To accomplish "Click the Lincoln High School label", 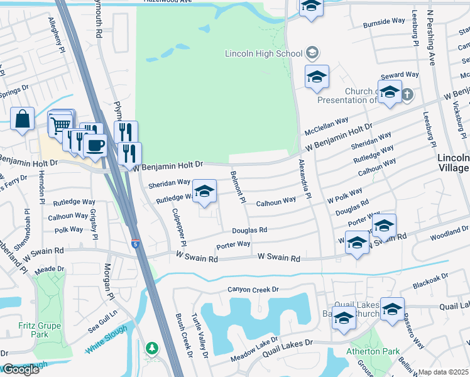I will pos(264,53).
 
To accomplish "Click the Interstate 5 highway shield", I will pos(136,243).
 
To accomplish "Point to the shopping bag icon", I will pos(22,119).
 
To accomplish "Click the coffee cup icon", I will pos(95,145).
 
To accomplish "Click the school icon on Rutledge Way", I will pos(204,192).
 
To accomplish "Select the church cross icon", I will pos(407,95).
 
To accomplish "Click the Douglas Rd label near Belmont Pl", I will pos(249,231).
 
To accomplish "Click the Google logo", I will pos(20,369).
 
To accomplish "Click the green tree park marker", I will pos(151,347).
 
